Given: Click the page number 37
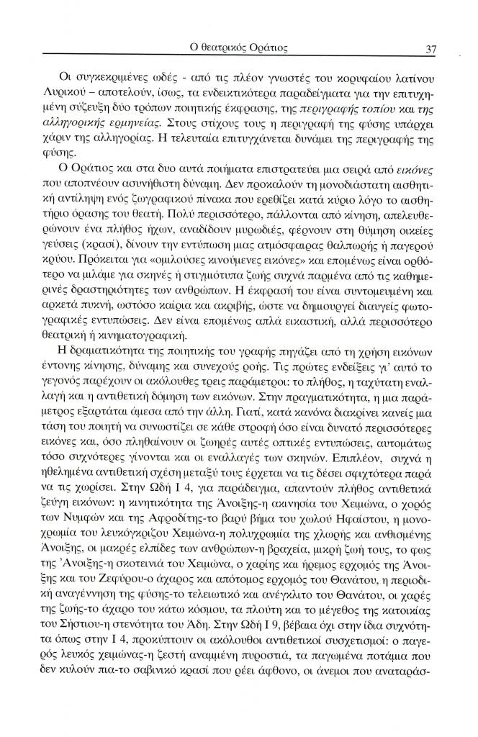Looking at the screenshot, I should pyautogui.click(x=432, y=49).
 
